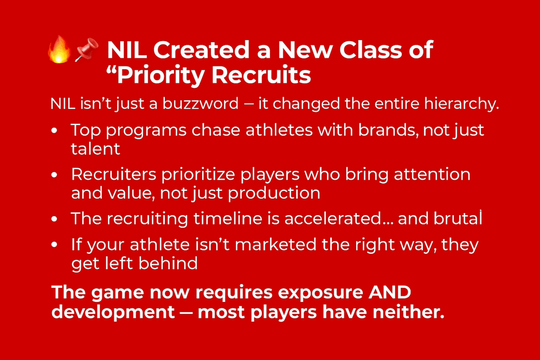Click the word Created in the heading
[201, 50]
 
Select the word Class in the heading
[370, 50]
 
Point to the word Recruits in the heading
[261, 75]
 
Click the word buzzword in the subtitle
[200, 104]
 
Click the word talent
[95, 149]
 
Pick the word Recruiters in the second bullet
[114, 174]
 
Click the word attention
[432, 174]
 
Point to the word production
[274, 193]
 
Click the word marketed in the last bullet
[275, 245]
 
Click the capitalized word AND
[390, 293]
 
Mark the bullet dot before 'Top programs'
[54, 131]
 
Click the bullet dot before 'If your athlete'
[54, 245]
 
